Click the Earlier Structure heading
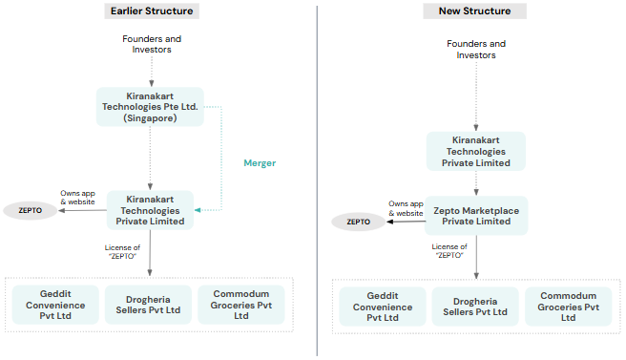pyautogui.click(x=151, y=11)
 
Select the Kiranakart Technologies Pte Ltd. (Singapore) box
pyautogui.click(x=150, y=106)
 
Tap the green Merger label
pyautogui.click(x=260, y=163)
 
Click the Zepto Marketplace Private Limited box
pyautogui.click(x=476, y=215)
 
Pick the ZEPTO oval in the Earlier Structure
pyautogui.click(x=30, y=210)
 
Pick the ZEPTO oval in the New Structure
pyautogui.click(x=358, y=222)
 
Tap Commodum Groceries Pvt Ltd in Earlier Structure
pyautogui.click(x=240, y=305)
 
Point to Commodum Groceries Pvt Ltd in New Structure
pyautogui.click(x=569, y=307)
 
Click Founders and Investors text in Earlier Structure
pyautogui.click(x=151, y=44)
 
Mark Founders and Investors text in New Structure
pyautogui.click(x=476, y=50)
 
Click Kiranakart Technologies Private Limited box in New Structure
pyautogui.click(x=476, y=152)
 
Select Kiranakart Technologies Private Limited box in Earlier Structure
pyautogui.click(x=150, y=209)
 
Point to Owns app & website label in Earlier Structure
pyautogui.click(x=77, y=197)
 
